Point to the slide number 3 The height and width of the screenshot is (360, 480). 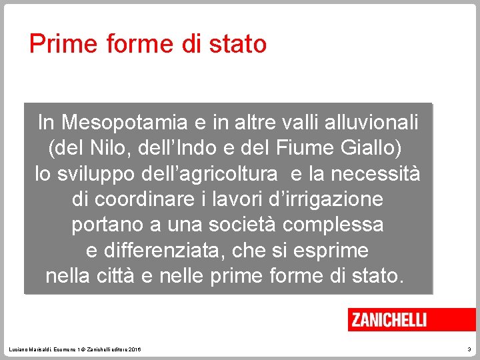(469, 350)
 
